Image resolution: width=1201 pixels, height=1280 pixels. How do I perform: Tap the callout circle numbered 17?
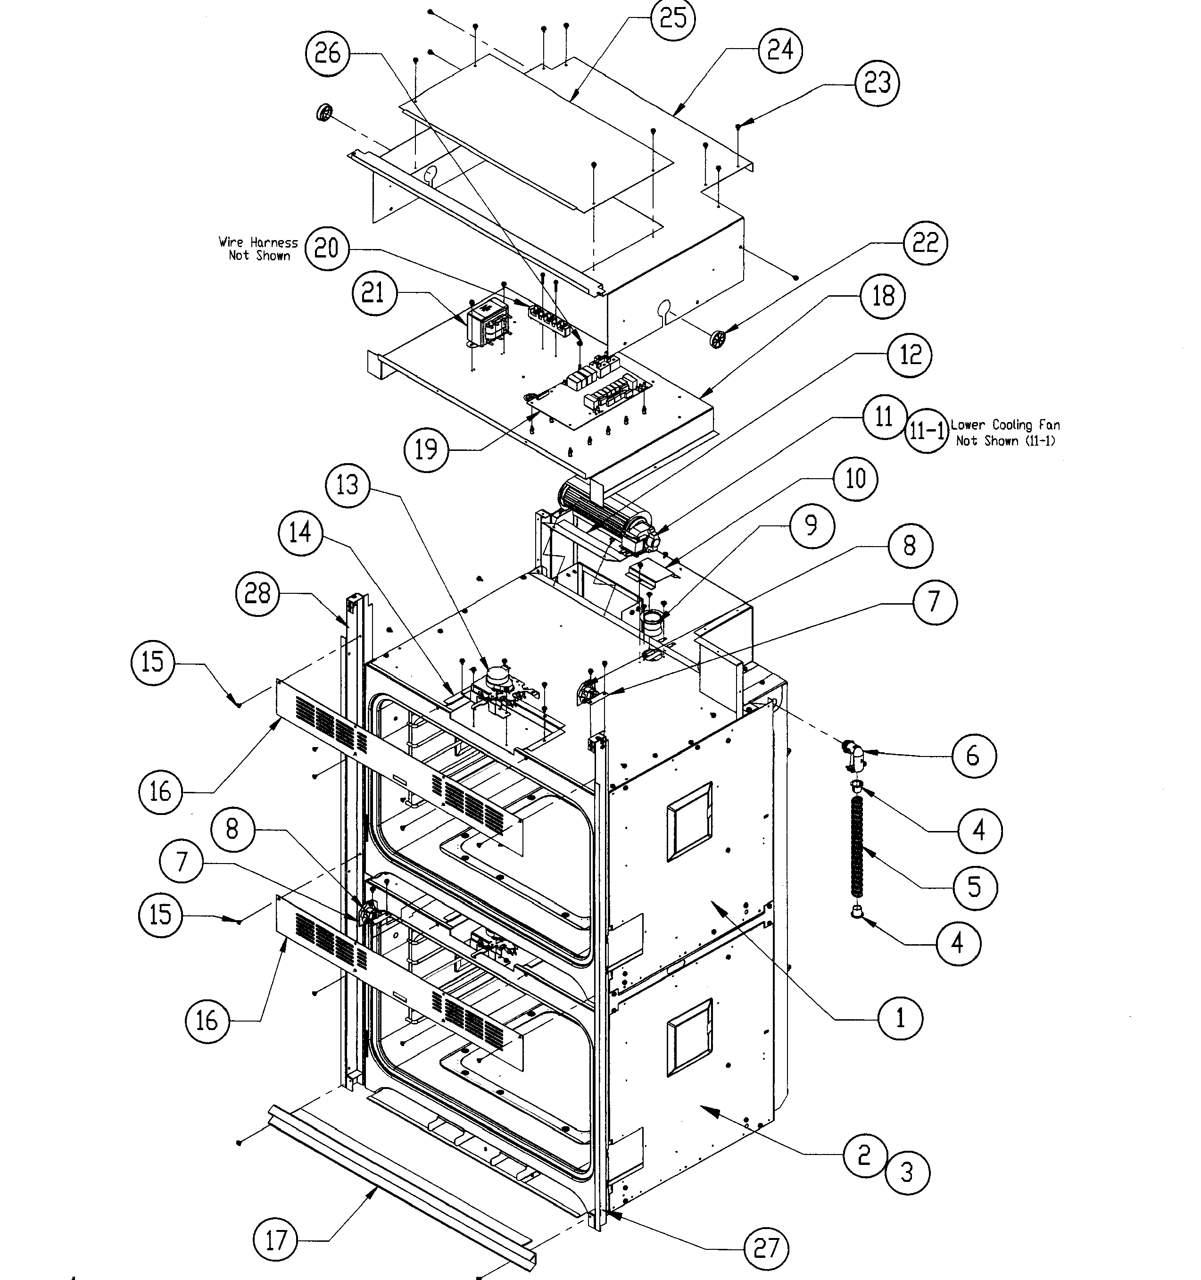coord(276,1239)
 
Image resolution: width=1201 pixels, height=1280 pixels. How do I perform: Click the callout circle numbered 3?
coord(907,1172)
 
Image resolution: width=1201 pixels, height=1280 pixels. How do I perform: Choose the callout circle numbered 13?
coord(348,484)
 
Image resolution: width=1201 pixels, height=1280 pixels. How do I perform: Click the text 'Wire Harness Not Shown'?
coord(258,249)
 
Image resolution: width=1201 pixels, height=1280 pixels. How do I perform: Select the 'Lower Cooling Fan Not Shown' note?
coord(1005,432)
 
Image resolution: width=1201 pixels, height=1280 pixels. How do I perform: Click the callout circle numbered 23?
coord(877,83)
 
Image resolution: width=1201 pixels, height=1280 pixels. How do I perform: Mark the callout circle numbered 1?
coord(900,1018)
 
